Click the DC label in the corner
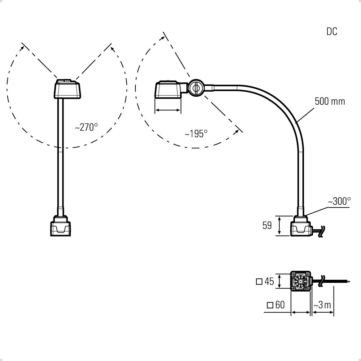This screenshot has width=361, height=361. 332,31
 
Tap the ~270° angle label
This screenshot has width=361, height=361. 86,127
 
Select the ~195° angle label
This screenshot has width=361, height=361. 196,134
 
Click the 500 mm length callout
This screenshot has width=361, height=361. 330,101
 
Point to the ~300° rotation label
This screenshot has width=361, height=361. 339,201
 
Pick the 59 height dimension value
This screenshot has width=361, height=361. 267,225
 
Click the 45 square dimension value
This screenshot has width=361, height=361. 269,281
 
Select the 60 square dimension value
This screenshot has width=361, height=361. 280,305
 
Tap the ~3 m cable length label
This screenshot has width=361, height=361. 322,305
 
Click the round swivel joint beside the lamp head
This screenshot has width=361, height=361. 196,87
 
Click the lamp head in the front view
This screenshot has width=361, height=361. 68,89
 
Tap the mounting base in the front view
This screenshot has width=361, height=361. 61,226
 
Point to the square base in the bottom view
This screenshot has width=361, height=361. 301,281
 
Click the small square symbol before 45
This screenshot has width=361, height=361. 259,282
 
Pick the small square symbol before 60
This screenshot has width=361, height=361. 270,305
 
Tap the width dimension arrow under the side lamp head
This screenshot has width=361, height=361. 168,110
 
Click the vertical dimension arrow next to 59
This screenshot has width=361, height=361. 279,226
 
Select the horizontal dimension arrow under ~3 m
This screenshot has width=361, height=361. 323,312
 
